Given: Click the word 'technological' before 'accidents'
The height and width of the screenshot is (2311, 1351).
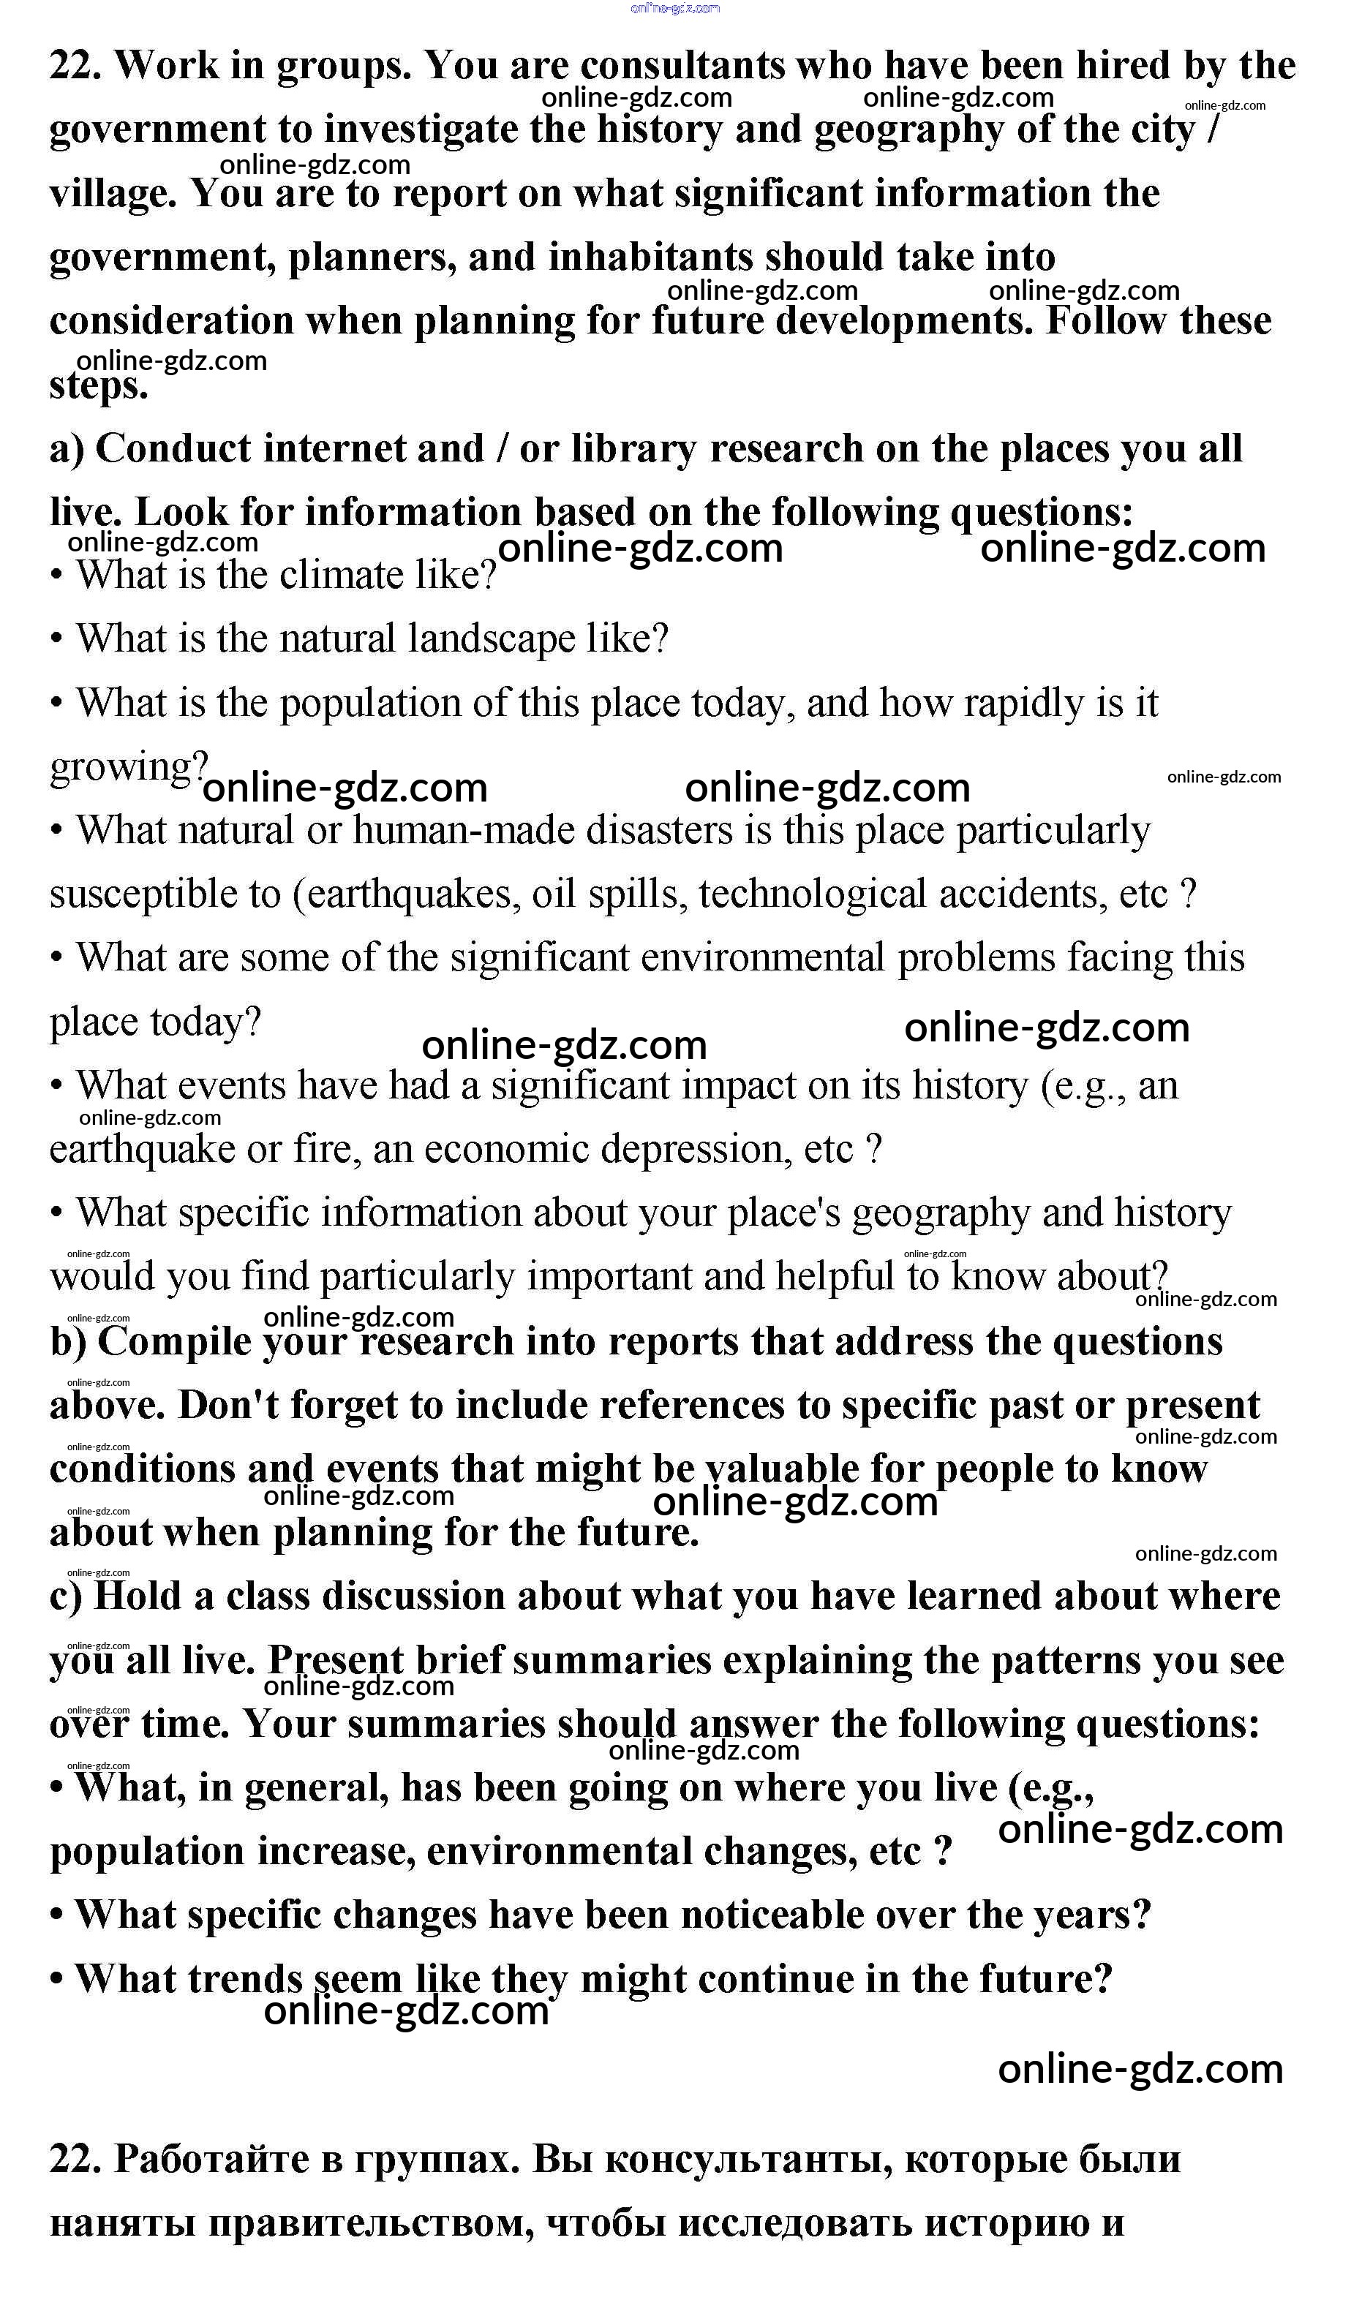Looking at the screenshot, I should (812, 894).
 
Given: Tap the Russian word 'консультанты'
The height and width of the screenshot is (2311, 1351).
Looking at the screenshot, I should (748, 2158).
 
